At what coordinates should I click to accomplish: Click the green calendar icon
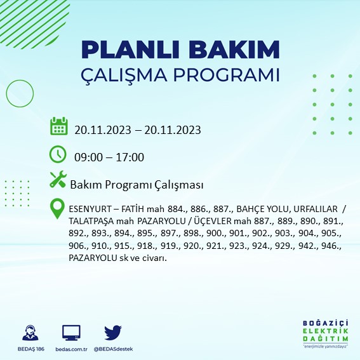click(58, 126)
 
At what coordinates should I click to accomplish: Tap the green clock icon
click(58, 154)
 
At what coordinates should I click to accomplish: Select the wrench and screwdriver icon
click(58, 181)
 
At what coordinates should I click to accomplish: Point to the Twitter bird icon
click(112, 332)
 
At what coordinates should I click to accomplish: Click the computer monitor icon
click(71, 333)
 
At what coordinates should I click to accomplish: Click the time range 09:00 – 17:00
click(109, 157)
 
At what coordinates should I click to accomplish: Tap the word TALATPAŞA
click(90, 222)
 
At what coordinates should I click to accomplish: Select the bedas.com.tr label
click(71, 349)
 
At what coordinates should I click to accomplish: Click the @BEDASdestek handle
click(114, 349)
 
